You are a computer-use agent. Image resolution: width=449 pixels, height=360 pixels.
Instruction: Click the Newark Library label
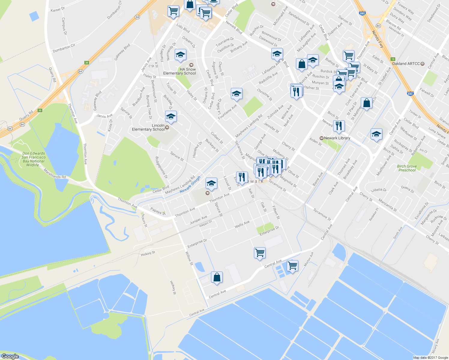pos(337,138)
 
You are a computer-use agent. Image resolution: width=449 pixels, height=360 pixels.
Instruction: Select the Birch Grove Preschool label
pos(407,168)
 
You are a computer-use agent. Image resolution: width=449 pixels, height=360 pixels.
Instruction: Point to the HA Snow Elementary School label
pos(179,71)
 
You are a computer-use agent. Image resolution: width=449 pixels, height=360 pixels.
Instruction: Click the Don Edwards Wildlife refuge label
pos(34,159)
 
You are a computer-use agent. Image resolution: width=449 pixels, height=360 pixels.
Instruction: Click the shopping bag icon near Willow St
pos(217,277)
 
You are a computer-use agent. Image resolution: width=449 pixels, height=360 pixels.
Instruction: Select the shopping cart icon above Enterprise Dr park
pos(260,253)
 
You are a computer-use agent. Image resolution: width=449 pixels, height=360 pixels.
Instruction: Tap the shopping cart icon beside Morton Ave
pos(292,265)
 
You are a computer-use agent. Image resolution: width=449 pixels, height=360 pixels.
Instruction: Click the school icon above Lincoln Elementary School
pos(171,117)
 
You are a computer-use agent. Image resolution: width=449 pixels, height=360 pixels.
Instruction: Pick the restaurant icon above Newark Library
pos(339,126)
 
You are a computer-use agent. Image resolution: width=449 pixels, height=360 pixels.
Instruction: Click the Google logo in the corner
pos(10,356)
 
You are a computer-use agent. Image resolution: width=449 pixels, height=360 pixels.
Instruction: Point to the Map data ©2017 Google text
pos(430,358)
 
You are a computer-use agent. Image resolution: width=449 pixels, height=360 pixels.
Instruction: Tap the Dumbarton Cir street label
pos(64,48)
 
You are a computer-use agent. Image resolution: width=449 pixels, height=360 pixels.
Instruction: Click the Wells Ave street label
pos(242,224)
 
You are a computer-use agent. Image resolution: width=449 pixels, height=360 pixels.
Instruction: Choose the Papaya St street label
pos(158,211)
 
